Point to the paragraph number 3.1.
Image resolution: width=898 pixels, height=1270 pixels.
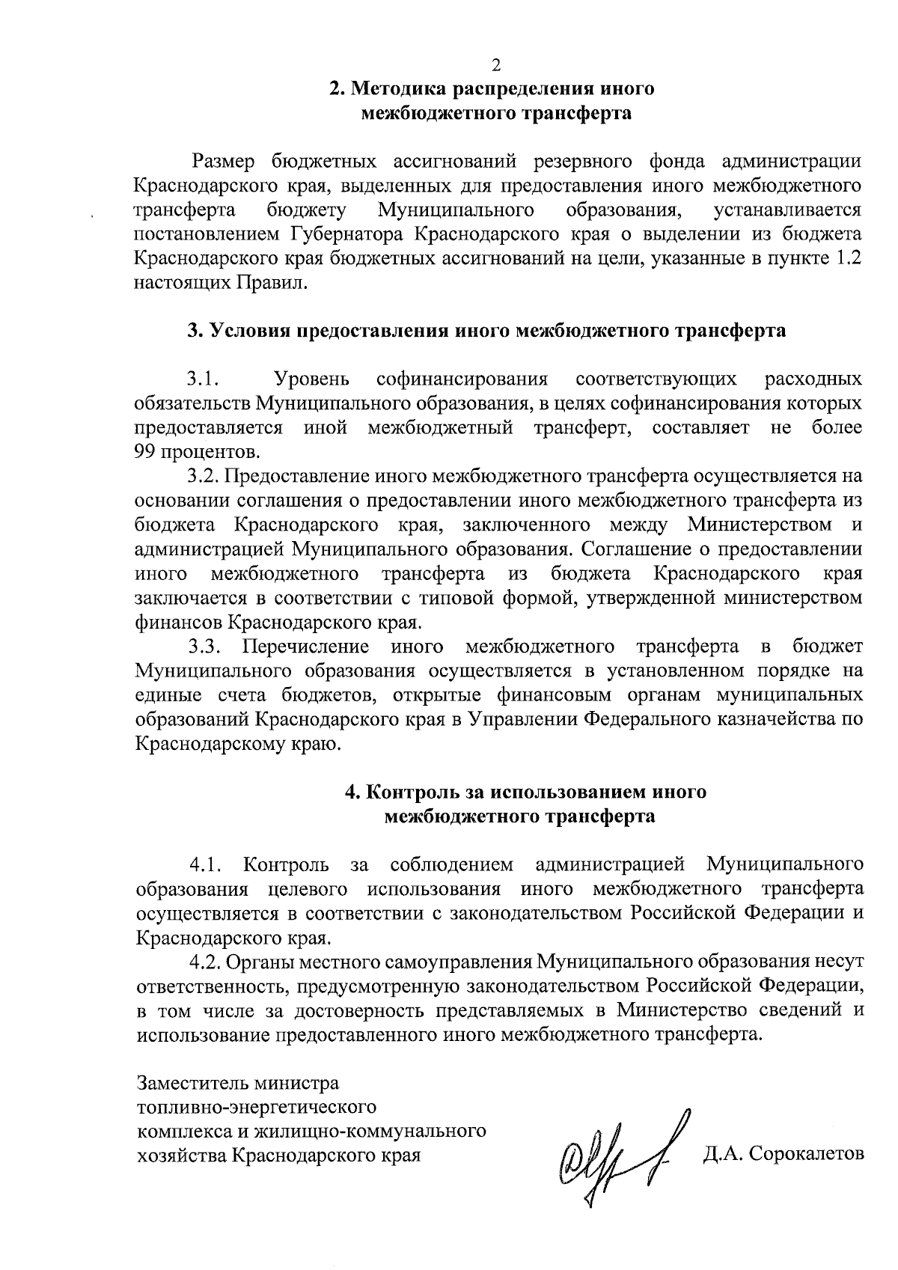pos(202,379)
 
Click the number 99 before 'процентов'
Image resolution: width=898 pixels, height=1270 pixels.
pos(144,452)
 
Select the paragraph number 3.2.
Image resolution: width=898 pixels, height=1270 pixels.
pos(202,476)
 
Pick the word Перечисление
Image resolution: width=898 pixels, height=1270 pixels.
pos(307,647)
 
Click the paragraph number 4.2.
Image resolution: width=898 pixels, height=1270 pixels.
pos(203,962)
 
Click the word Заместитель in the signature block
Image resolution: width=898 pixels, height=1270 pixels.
pos(192,1083)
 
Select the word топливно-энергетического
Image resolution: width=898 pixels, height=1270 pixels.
pos(256,1107)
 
